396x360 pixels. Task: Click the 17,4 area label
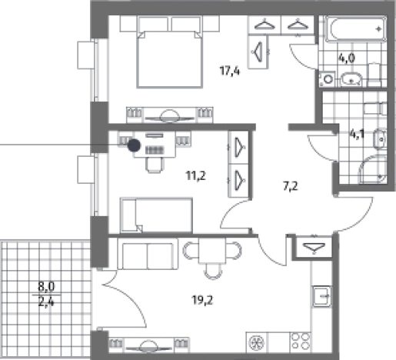(230, 71)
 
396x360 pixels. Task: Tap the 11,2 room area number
(196, 176)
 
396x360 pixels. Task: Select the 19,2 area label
(202, 300)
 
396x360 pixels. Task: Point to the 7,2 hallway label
(291, 186)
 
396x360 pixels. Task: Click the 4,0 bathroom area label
(347, 58)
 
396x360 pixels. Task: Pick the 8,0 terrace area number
(46, 286)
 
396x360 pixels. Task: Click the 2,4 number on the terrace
(46, 302)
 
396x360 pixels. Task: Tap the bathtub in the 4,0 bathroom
(356, 29)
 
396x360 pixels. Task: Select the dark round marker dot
(134, 145)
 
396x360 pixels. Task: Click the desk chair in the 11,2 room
(155, 165)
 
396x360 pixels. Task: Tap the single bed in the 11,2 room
(156, 215)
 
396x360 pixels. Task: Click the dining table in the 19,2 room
(212, 251)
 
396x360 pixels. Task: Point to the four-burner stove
(300, 342)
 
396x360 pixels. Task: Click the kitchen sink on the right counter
(321, 296)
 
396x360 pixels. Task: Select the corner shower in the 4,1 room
(372, 169)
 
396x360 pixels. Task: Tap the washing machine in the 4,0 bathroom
(327, 79)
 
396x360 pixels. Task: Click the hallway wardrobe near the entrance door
(314, 246)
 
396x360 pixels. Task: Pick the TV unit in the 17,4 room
(169, 115)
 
